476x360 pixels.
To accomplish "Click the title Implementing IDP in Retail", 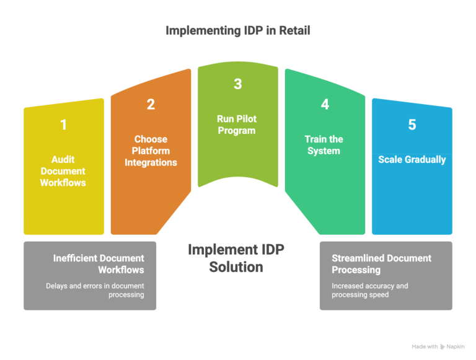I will [x=237, y=30].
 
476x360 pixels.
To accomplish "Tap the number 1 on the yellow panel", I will [x=63, y=125].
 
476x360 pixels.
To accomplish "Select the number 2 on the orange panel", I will [x=151, y=104].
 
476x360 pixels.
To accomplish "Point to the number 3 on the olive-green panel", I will [x=237, y=84].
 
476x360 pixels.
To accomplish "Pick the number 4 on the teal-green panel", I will [x=325, y=104].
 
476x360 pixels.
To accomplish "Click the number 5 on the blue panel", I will [x=412, y=125].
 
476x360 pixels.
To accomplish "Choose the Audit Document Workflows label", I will [x=63, y=171].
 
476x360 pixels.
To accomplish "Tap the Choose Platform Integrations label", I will [x=151, y=151].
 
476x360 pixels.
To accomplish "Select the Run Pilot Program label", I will [x=237, y=125].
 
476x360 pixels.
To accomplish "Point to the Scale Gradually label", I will [x=412, y=159].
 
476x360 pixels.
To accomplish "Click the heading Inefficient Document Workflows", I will [x=99, y=264].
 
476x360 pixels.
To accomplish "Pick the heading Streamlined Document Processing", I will [x=381, y=264].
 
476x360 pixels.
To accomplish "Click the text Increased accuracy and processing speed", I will [x=370, y=290].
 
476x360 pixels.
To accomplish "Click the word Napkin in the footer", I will [x=457, y=347].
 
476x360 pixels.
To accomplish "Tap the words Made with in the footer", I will [x=425, y=347].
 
